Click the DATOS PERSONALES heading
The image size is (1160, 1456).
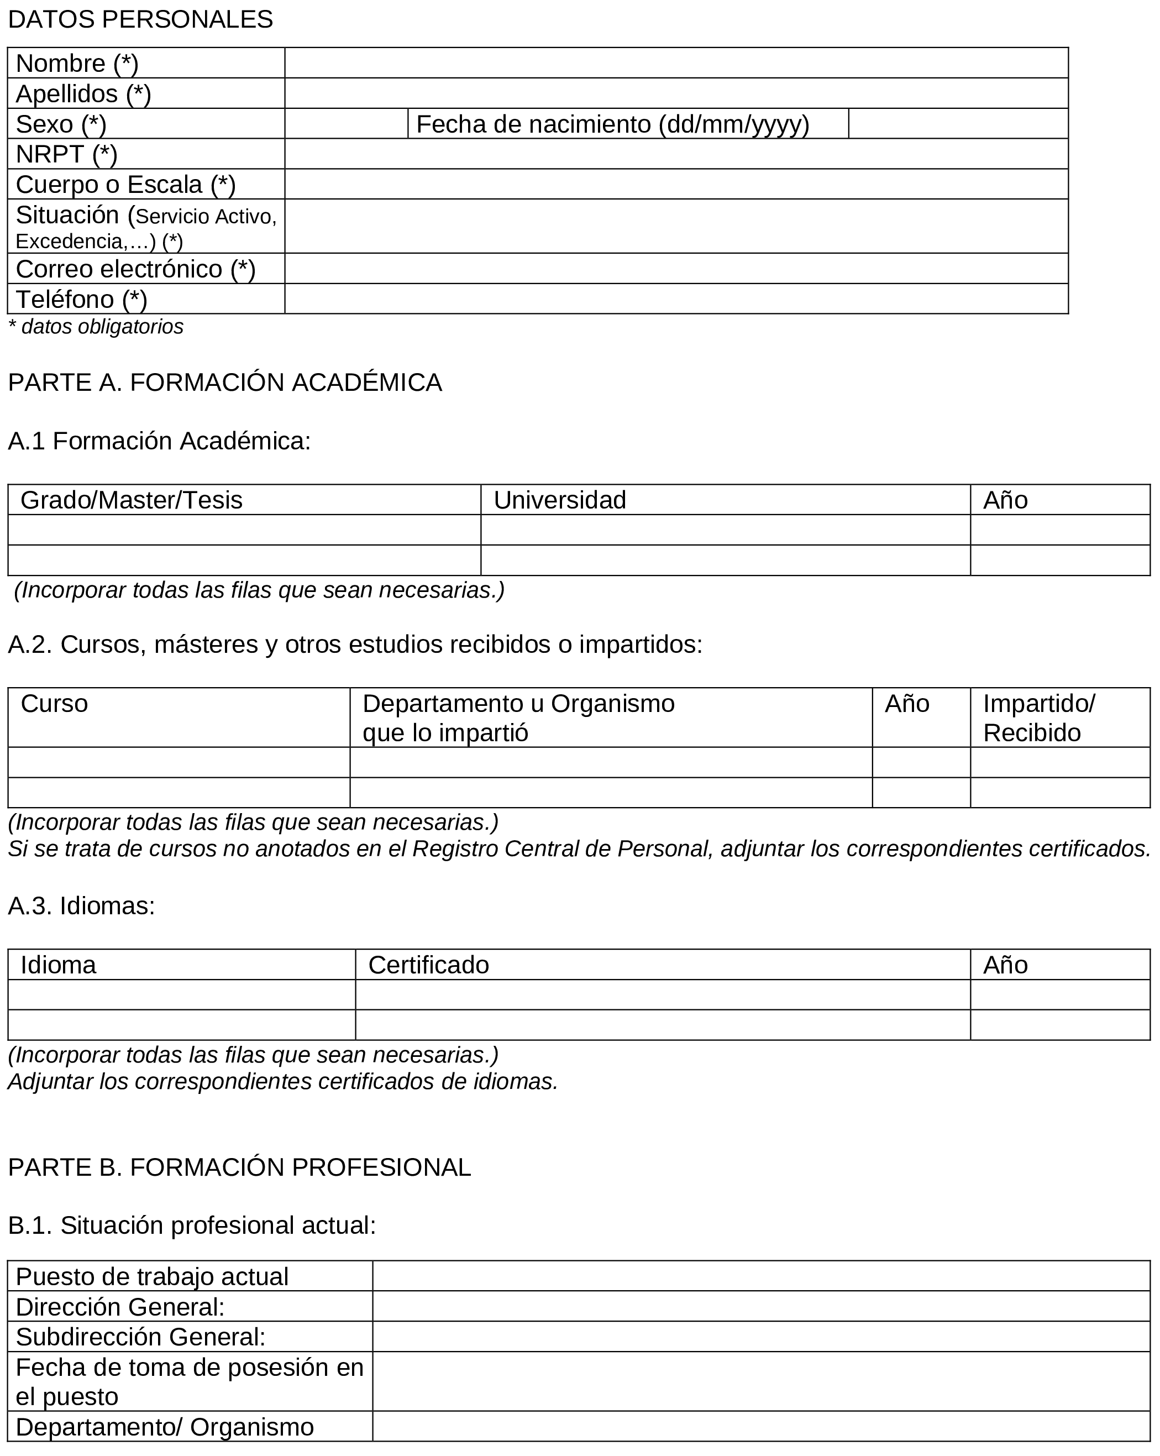(140, 19)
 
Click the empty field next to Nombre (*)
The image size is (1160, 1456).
(675, 63)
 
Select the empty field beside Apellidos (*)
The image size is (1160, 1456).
(675, 93)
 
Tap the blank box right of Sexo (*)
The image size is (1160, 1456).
(346, 124)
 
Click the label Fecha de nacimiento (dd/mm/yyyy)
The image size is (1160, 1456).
(612, 124)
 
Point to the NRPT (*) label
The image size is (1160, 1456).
(66, 154)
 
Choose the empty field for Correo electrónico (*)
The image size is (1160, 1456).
(675, 269)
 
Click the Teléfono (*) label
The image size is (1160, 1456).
(81, 299)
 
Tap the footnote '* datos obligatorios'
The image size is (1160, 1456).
(95, 327)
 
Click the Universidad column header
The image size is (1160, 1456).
(560, 500)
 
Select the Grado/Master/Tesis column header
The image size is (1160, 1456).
(131, 500)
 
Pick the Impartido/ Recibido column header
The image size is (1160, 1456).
(1038, 718)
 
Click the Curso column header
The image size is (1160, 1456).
(54, 704)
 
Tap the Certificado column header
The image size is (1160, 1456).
(428, 965)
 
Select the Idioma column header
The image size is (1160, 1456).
(58, 965)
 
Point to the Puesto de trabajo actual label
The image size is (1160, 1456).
(152, 1277)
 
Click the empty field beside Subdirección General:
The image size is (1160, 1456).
(760, 1337)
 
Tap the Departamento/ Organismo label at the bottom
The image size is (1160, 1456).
(165, 1428)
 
